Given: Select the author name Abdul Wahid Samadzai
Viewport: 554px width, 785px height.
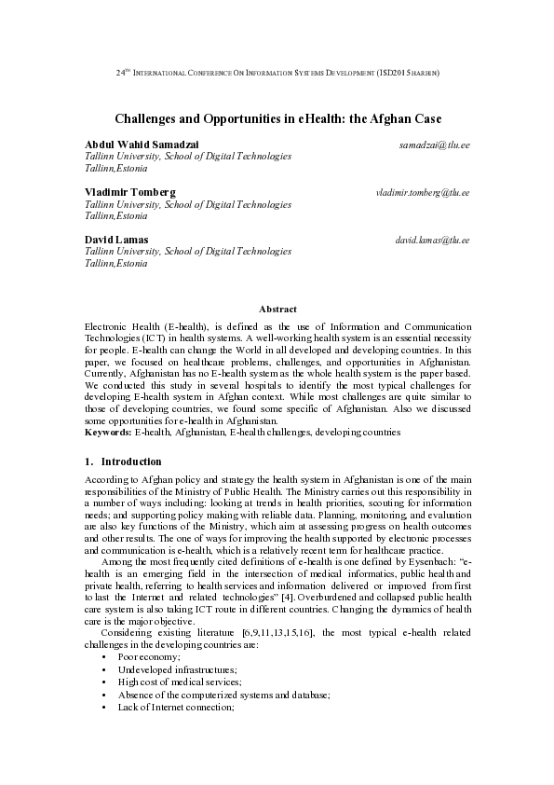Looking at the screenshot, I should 142,145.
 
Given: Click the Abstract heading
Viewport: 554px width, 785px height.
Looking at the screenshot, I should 277,309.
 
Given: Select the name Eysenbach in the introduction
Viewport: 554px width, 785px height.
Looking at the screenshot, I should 427,562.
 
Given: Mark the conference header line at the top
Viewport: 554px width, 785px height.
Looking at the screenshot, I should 277,72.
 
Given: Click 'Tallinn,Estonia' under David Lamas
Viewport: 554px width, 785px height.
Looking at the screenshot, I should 115,264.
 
